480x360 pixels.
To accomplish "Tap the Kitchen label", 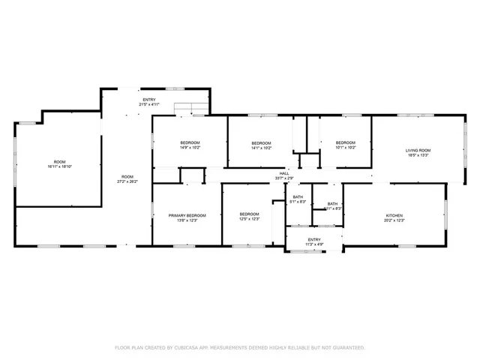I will coord(394,214).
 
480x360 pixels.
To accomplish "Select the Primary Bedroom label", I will coord(187,214).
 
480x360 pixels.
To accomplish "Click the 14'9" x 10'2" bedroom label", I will coord(190,143).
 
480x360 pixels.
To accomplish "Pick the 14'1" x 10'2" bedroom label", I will coord(260,143).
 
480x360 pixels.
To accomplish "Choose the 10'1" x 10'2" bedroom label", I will coord(345,143).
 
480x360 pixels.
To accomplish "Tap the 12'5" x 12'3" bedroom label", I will coord(249,214).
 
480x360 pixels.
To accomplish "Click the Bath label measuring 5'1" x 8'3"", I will coord(298,196).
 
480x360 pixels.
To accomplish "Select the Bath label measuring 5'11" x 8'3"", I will coord(332,204).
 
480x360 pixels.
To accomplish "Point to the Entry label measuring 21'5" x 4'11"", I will coord(150,100).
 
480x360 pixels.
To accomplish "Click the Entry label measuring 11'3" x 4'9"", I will coord(314,239).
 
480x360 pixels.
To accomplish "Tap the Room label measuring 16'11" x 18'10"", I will coord(59,162).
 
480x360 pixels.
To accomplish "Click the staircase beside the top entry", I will coord(190,109).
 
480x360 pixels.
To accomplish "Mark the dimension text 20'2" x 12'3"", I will coord(394,220).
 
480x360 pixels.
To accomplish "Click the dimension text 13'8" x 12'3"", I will coord(187,220).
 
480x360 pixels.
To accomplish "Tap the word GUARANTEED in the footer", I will coord(347,348).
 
